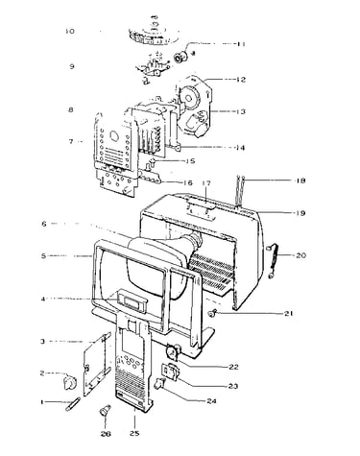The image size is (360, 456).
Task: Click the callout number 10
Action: point(70,32)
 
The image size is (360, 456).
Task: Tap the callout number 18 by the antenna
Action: point(300,180)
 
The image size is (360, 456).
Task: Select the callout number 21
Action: point(289,314)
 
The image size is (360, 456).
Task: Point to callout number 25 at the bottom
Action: point(134,434)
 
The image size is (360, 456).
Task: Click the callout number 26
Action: point(106,434)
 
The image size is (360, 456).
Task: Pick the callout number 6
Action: point(44,224)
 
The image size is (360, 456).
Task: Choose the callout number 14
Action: point(240,148)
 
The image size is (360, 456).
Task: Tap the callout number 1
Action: point(42,401)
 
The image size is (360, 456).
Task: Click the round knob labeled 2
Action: point(70,382)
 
